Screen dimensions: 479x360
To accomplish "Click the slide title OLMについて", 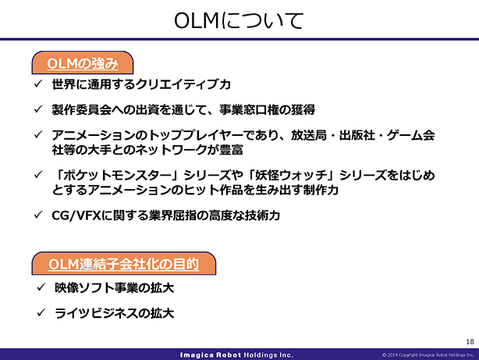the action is (239, 21).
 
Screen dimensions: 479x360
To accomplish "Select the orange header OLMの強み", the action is (83, 63).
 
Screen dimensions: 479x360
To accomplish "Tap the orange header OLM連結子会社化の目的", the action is (124, 264).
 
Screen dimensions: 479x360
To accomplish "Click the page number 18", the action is (470, 341).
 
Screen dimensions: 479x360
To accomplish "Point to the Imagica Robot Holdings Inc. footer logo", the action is (236, 355).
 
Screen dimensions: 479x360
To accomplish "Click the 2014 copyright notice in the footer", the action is (428, 355).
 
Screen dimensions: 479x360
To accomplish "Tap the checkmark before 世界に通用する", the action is (38, 84).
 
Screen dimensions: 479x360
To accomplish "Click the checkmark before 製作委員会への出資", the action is (38, 109).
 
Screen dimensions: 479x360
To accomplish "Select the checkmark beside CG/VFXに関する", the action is (38, 215).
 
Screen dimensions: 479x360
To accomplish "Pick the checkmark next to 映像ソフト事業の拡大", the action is (41, 287).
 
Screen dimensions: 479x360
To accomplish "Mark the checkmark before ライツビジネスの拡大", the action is (41, 312).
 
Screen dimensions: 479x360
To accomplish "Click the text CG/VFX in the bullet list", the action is (76, 216).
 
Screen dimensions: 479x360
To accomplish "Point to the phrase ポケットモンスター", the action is (117, 175).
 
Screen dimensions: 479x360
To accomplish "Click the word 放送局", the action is (308, 135).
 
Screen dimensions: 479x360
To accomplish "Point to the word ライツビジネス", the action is (96, 313).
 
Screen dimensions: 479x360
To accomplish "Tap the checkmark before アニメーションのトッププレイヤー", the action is (38, 134).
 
